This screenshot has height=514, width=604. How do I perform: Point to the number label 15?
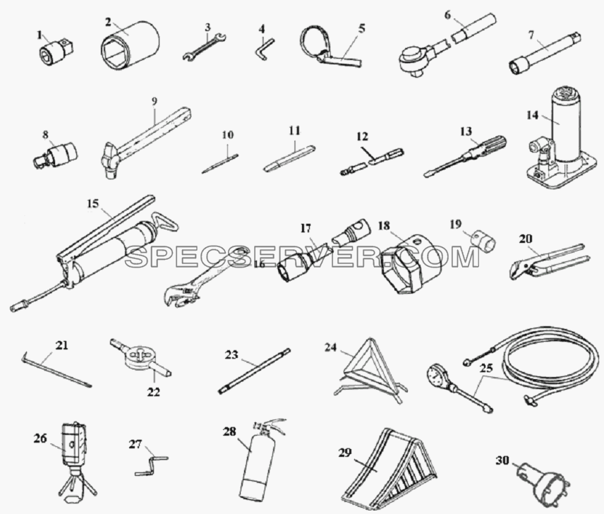(x=92, y=204)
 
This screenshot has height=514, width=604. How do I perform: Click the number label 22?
(x=153, y=392)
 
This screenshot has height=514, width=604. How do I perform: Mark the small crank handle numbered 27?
(x=152, y=466)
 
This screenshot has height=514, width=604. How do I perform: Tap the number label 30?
(x=502, y=460)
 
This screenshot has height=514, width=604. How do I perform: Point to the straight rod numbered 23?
(x=254, y=371)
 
